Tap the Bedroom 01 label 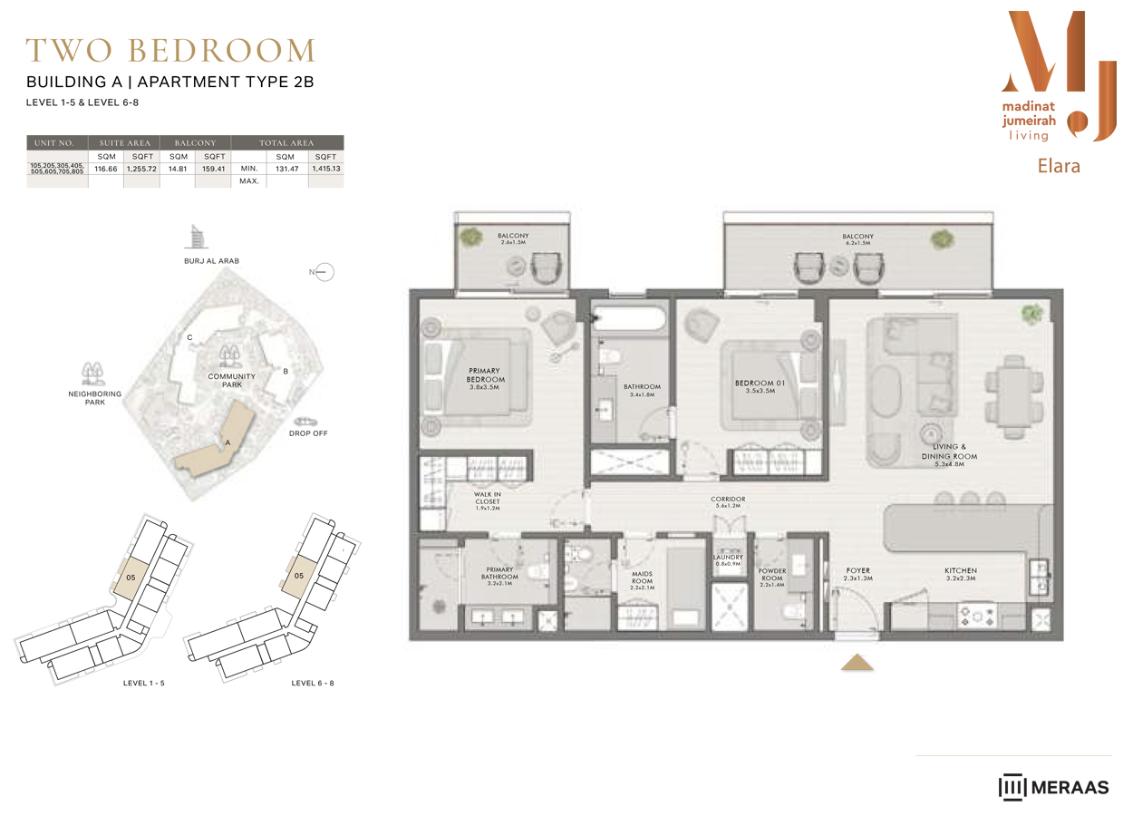(x=754, y=386)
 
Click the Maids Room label (x=642, y=579)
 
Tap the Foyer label (x=857, y=574)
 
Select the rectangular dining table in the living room (x=1012, y=393)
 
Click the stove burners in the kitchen (x=978, y=617)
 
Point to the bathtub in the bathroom (x=631, y=320)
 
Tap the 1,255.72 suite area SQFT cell (x=141, y=169)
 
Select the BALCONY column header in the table (x=195, y=142)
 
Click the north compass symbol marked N (x=323, y=272)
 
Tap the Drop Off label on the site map (x=308, y=433)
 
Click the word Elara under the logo (x=1059, y=166)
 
